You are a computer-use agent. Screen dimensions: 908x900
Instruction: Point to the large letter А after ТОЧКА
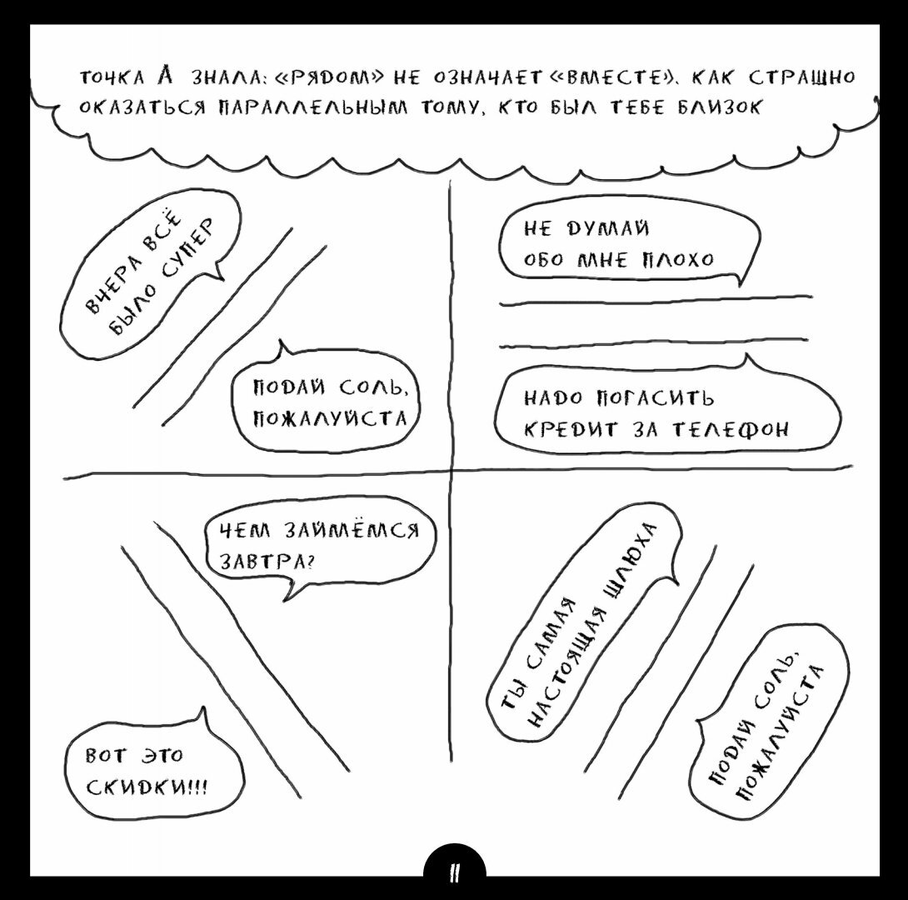pos(164,77)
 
